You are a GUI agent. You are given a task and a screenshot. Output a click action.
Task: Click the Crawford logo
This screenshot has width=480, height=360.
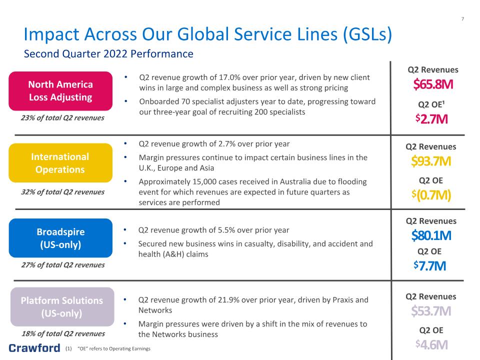[x=34, y=348]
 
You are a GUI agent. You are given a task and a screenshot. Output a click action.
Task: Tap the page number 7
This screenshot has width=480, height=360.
[x=462, y=19]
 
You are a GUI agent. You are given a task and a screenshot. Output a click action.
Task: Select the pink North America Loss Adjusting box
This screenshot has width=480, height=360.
[x=60, y=91]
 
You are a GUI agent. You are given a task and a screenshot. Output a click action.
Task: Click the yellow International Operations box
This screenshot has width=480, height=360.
[x=60, y=163]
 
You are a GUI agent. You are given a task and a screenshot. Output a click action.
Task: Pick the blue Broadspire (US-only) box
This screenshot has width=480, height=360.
[x=60, y=238]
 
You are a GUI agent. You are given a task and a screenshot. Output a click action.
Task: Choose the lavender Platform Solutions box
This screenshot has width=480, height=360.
[x=62, y=306]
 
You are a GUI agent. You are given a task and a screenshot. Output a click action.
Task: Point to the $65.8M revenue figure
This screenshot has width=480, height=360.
[x=433, y=84]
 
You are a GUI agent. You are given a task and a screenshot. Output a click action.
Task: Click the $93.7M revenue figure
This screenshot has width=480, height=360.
[x=431, y=160]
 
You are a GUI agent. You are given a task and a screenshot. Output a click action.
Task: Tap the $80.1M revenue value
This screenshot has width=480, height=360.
[x=431, y=235]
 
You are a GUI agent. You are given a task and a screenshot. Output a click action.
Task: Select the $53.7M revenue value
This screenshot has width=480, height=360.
[x=431, y=310]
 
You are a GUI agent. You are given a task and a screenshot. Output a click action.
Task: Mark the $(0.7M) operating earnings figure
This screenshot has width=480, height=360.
[x=431, y=194]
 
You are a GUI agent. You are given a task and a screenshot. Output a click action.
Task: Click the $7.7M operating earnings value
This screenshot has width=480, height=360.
[x=429, y=265]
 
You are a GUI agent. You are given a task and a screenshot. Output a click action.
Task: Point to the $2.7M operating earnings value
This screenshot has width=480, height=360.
[x=431, y=119]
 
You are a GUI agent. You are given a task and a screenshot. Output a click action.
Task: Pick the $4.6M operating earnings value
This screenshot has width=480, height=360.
[x=431, y=344]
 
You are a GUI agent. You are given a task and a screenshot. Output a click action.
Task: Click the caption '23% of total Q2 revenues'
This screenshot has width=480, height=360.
[x=62, y=118]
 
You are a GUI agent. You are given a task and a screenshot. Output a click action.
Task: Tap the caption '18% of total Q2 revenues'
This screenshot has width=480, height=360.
[x=63, y=333]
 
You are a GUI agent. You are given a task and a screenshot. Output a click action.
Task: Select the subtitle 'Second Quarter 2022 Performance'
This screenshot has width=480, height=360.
[x=108, y=54]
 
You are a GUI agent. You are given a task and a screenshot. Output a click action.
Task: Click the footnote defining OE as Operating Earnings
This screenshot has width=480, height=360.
[x=108, y=348]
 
